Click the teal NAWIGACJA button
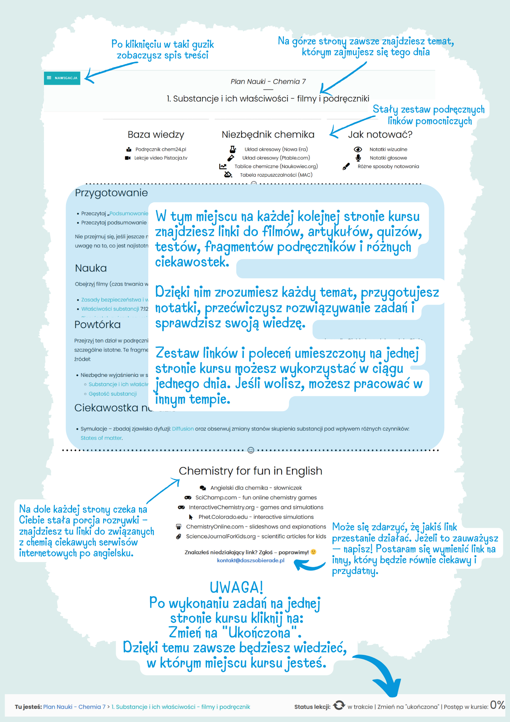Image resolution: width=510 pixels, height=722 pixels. [62, 78]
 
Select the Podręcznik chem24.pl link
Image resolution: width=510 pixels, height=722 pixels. [161, 149]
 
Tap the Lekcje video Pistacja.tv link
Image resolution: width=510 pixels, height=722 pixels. [161, 158]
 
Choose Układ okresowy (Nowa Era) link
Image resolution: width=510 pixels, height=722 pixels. [276, 149]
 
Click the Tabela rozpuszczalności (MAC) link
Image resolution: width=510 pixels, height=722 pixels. [276, 175]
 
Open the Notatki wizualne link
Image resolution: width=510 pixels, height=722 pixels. [388, 149]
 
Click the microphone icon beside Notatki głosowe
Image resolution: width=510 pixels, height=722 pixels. [358, 158]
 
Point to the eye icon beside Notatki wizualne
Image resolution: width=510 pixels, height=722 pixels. [358, 149]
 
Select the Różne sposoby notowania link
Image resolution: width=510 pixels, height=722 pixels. [388, 166]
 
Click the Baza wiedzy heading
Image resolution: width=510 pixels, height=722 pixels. [156, 135]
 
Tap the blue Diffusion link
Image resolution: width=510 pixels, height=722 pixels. [183, 429]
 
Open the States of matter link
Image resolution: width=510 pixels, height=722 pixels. [101, 438]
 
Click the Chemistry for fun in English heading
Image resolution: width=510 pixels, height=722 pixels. [250, 471]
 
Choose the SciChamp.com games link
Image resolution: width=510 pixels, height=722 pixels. [256, 497]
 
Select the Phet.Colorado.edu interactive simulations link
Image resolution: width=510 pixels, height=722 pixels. [256, 517]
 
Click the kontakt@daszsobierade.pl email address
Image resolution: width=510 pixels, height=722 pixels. [251, 561]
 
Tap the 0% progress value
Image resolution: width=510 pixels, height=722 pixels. [497, 705]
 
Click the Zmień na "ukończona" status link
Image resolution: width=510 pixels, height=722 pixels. [409, 707]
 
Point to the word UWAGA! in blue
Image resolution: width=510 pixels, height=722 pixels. [237, 588]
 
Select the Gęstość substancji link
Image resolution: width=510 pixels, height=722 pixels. [113, 394]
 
